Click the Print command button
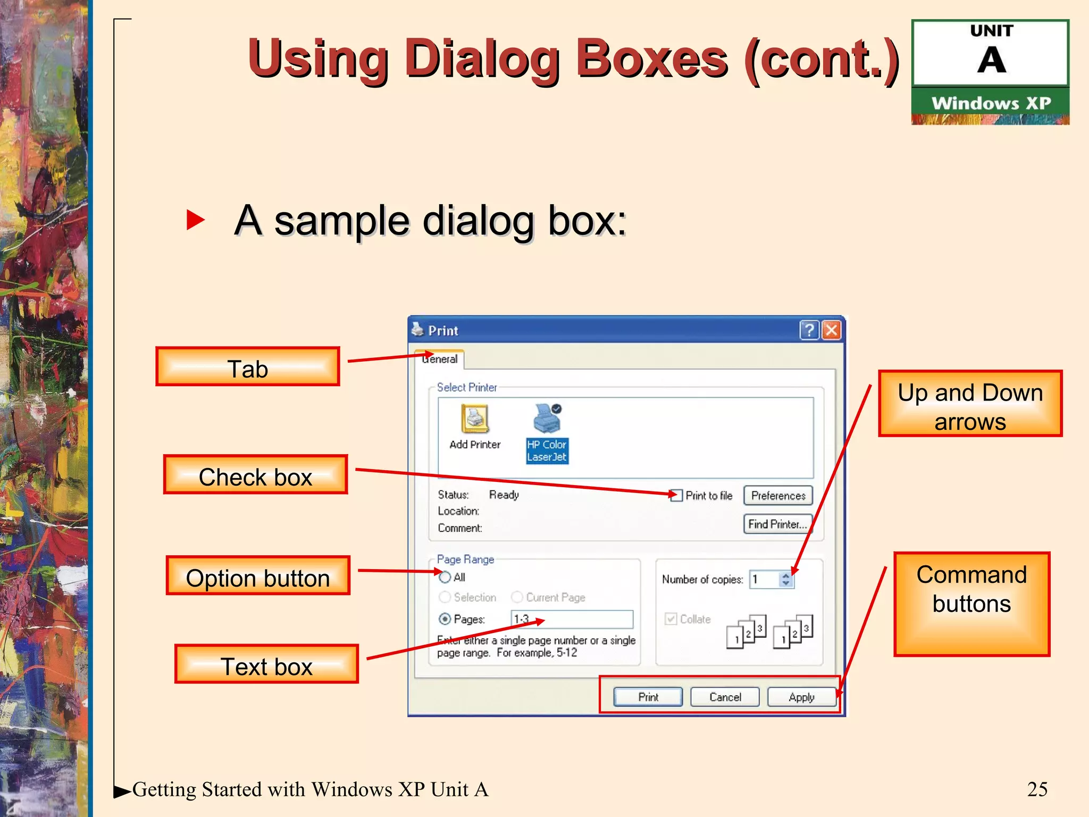[x=648, y=697]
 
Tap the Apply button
[x=801, y=697]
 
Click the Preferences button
[x=778, y=496]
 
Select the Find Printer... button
[x=777, y=524]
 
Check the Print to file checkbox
[x=677, y=496]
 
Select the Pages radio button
[x=445, y=619]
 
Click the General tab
[x=440, y=359]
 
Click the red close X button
[x=832, y=330]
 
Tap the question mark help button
[x=809, y=330]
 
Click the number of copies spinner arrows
[x=786, y=579]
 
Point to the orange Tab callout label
[x=248, y=367]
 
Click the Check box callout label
[x=255, y=475]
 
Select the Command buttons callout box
[x=971, y=604]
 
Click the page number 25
[x=1037, y=789]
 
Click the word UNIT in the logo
[x=992, y=31]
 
